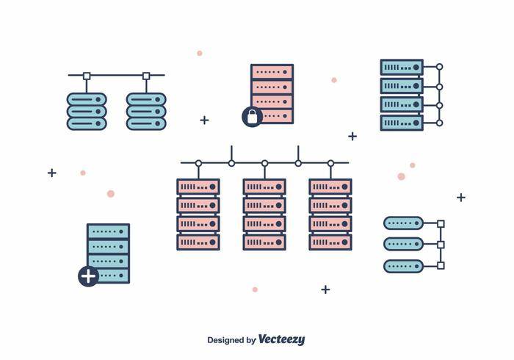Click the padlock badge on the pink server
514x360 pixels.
(252, 116)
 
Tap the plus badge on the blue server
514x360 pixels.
(88, 276)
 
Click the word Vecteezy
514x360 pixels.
(281, 339)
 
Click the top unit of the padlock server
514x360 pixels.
(272, 72)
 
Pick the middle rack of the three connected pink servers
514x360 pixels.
(264, 214)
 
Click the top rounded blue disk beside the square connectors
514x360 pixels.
(403, 223)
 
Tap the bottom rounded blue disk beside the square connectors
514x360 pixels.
(403, 265)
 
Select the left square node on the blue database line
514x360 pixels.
(87, 76)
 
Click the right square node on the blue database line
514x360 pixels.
(146, 76)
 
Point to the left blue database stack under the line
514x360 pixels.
(87, 111)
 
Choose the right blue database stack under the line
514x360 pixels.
(146, 111)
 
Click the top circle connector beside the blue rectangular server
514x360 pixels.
(439, 67)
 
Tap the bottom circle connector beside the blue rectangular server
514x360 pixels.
(439, 123)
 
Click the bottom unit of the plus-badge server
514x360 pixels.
(110, 276)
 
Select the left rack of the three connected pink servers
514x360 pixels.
(198, 214)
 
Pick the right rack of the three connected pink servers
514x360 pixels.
(330, 214)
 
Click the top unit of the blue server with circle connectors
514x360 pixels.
(402, 68)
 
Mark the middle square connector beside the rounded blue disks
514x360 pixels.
(441, 244)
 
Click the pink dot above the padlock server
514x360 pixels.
(199, 53)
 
